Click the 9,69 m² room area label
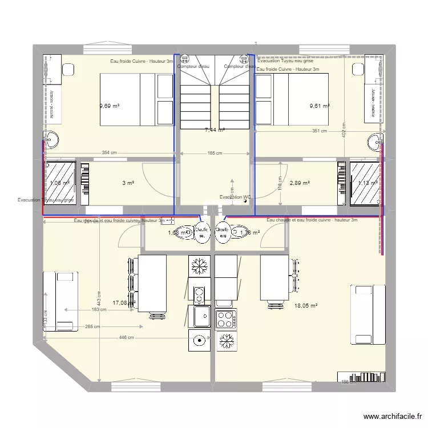[110, 106]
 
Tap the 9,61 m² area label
[320, 106]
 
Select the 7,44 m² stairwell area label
[215, 130]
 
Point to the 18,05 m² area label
[305, 306]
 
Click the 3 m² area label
[128, 183]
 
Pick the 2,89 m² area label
[300, 183]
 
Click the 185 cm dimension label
[215, 153]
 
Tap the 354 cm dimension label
[109, 152]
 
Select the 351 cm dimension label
[320, 131]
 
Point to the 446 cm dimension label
[127, 337]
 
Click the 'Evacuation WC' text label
[235, 197]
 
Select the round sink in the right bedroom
[375, 140]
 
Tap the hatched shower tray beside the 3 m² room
[61, 183]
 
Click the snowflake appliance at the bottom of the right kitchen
[227, 341]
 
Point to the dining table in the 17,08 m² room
[152, 284]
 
